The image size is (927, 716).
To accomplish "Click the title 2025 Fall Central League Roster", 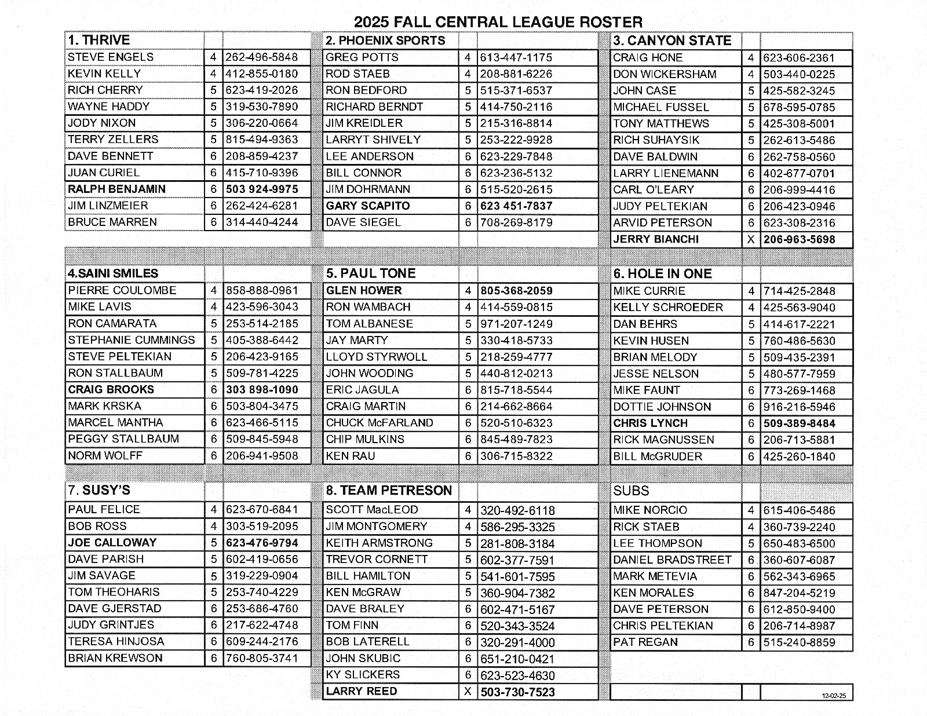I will [x=498, y=22].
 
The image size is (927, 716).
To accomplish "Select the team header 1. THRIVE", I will [x=99, y=40].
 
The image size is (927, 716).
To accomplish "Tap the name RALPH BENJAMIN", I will [x=116, y=189].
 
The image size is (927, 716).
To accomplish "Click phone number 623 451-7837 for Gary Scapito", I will [x=516, y=206].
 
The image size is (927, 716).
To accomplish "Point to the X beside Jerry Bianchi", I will [x=751, y=239].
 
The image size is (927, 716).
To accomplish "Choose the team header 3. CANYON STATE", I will [x=672, y=41].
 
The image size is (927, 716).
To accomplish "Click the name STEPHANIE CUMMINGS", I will [x=132, y=340].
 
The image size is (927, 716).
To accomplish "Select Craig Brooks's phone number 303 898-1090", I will [x=262, y=389].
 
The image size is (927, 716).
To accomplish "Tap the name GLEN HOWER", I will [x=364, y=290].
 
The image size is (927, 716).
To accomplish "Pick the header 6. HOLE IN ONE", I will [x=662, y=273].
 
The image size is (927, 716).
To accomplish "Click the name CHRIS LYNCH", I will [x=650, y=423].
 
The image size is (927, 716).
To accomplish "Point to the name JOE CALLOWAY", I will [x=112, y=542].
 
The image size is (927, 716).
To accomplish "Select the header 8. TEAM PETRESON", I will [x=389, y=490].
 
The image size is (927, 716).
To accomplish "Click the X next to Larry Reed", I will [x=468, y=692].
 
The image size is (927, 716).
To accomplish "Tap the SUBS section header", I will [x=631, y=491].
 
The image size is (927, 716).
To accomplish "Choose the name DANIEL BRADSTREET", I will [x=672, y=560].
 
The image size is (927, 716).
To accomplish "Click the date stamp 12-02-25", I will [x=833, y=696].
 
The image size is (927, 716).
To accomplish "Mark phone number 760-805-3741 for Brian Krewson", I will [x=262, y=658].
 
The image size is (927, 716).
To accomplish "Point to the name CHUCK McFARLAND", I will [x=379, y=422].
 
